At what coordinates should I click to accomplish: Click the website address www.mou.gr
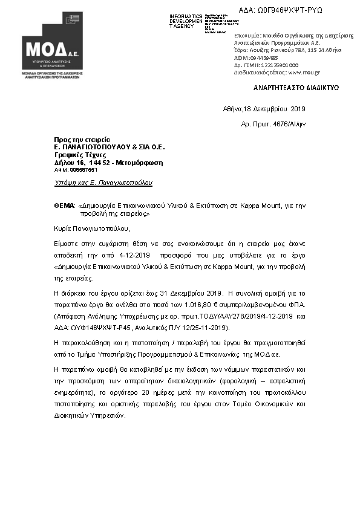pyautogui.click(x=304, y=72)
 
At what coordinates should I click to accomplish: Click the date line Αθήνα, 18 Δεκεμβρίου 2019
pyautogui.click(x=264, y=109)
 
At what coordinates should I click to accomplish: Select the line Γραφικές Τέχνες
pyautogui.click(x=76, y=155)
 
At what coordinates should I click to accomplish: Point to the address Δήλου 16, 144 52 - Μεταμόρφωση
pyautogui.click(x=108, y=163)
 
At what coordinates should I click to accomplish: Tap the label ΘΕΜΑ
pyautogui.click(x=64, y=206)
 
